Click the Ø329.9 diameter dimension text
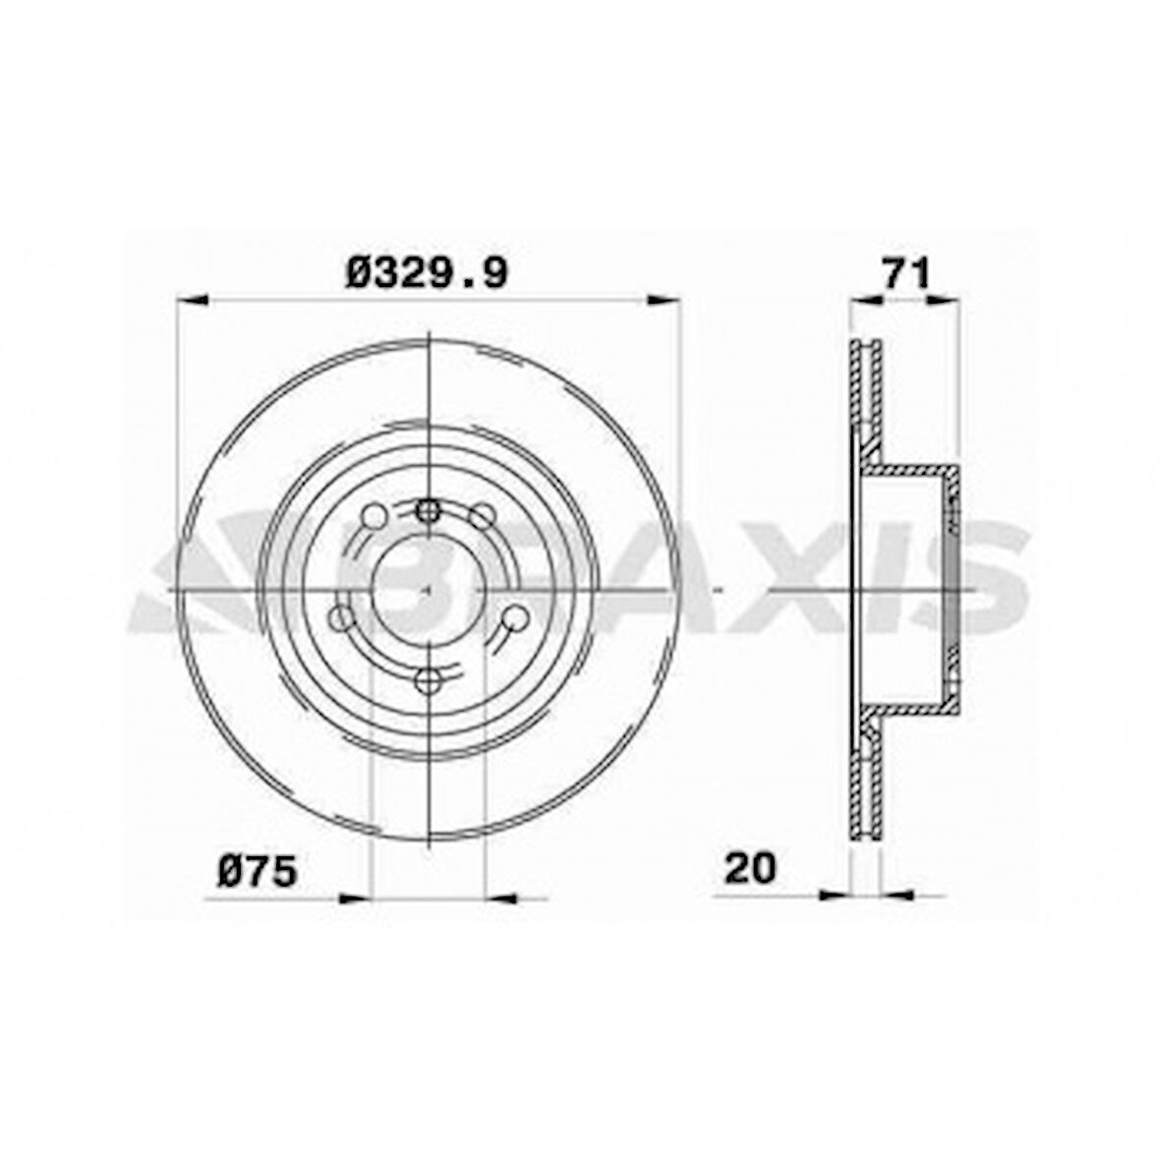coord(427,272)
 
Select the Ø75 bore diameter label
coord(257,870)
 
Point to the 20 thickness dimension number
coord(750,868)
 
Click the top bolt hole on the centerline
coord(428,509)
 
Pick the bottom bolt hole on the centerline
coord(428,680)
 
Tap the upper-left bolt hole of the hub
coord(373,515)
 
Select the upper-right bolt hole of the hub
coord(483,515)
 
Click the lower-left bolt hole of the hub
coord(339,618)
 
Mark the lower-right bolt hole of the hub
coord(515,618)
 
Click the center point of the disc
coord(428,590)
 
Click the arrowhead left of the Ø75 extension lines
coord(354,897)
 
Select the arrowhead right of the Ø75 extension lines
coord(502,897)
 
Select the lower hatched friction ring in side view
coord(865,782)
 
